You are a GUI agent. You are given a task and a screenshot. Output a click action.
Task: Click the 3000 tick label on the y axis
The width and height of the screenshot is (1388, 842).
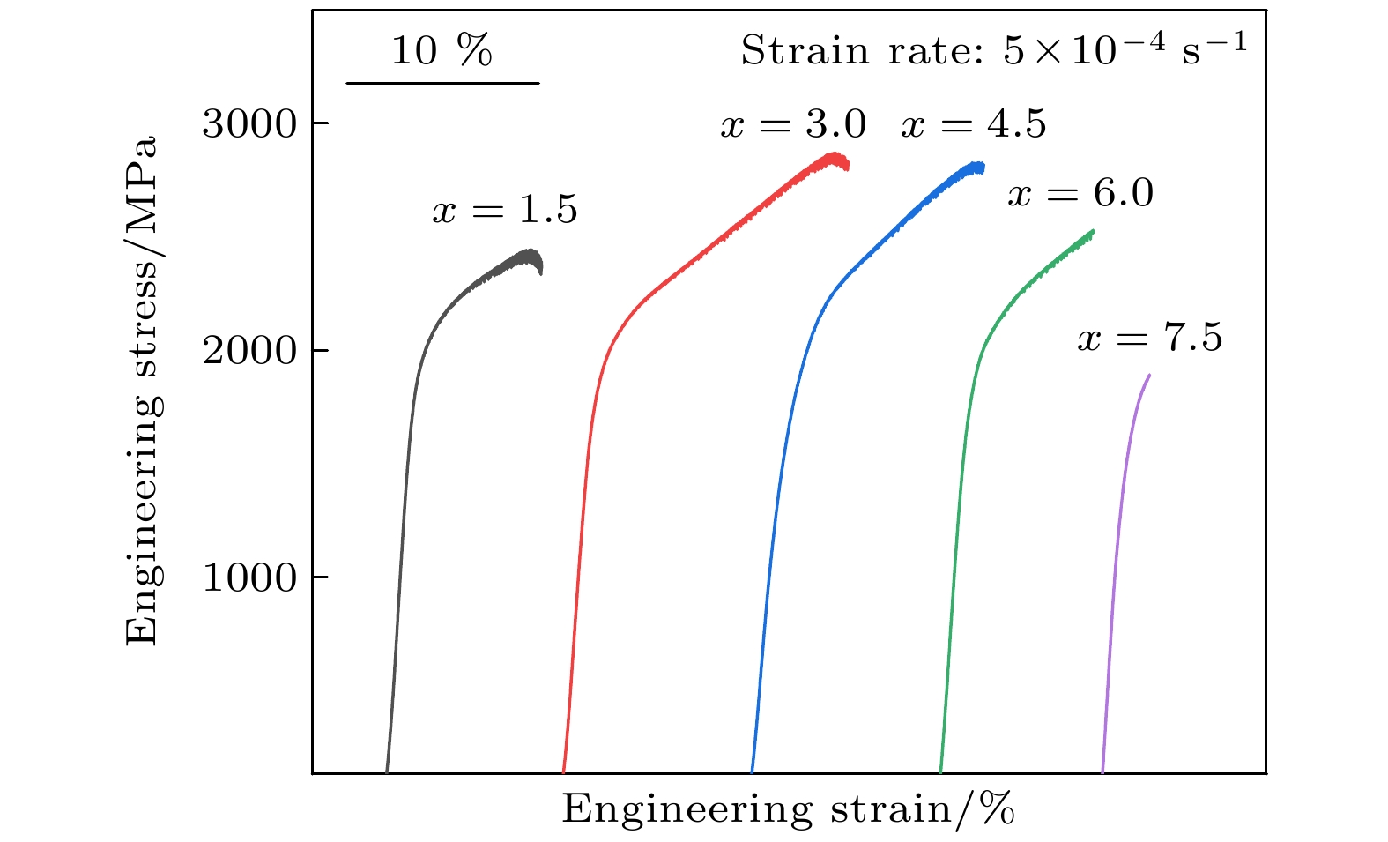click(250, 124)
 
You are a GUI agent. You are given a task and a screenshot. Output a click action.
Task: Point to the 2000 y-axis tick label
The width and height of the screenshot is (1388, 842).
click(250, 352)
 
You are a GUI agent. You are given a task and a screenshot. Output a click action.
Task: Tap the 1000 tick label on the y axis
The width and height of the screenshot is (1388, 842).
click(250, 578)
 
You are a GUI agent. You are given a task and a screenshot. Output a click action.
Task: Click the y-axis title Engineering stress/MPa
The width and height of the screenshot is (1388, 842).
click(143, 390)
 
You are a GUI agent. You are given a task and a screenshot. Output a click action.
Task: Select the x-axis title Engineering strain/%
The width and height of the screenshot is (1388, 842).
click(788, 809)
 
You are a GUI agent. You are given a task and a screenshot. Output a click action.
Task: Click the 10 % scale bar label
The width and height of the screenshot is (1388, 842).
click(442, 51)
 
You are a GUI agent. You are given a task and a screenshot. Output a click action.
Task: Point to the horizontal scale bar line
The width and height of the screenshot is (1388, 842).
click(442, 83)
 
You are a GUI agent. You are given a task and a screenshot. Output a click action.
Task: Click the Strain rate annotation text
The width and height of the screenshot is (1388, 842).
click(993, 51)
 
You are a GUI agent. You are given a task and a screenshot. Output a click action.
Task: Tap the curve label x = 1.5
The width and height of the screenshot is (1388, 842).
click(504, 211)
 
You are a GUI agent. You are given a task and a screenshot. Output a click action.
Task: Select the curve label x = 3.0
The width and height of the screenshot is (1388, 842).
click(793, 124)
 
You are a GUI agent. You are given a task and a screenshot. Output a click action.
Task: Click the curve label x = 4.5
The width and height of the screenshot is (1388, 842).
click(973, 124)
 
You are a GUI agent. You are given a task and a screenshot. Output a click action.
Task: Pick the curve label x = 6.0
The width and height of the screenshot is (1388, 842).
click(1080, 194)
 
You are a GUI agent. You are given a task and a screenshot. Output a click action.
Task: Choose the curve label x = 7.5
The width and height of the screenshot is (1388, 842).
click(1149, 339)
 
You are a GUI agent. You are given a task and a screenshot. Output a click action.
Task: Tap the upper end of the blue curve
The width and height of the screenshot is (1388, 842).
click(982, 167)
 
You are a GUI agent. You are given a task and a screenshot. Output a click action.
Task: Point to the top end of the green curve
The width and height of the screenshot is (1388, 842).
click(1093, 232)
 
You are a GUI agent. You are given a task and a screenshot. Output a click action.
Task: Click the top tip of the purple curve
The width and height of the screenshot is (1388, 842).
click(1148, 376)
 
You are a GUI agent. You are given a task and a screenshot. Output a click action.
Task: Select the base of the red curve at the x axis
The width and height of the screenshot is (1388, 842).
click(563, 771)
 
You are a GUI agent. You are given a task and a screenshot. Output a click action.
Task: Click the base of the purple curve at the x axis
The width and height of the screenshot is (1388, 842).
click(1102, 771)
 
